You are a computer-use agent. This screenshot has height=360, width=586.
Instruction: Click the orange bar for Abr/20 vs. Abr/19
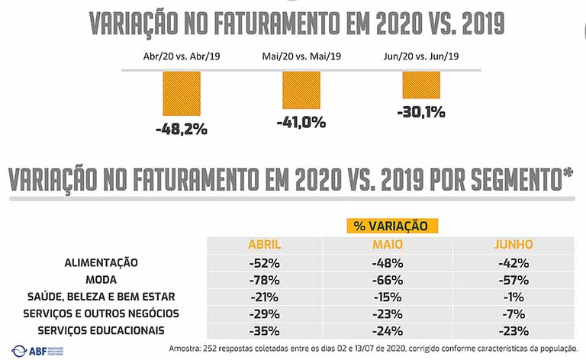[181, 94]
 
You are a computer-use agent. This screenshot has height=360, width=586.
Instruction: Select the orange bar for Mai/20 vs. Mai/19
[301, 90]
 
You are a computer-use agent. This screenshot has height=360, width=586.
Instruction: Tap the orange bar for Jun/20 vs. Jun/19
[421, 85]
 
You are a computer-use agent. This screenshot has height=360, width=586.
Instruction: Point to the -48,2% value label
[181, 129]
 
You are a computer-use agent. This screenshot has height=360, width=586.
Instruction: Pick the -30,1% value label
[421, 113]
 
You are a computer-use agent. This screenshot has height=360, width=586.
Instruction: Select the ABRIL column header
[265, 245]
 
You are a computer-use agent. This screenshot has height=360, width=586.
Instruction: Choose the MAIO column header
[387, 245]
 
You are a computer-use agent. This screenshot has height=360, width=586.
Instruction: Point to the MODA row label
[101, 279]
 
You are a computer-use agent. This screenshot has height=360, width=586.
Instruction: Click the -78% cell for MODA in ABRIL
[265, 279]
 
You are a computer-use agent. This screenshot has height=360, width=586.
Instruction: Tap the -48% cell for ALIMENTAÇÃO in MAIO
[387, 262]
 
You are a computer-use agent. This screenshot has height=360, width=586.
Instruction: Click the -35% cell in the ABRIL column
[265, 330]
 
